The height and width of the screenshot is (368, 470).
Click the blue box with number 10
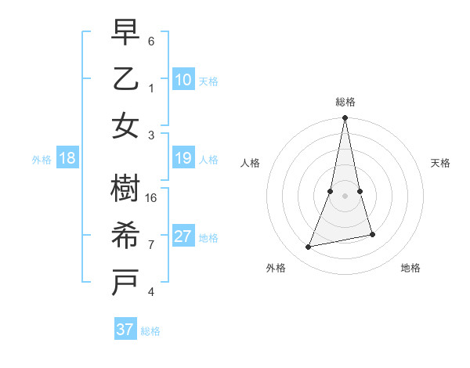[183, 80]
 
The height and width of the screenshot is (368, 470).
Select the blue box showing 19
[183, 159]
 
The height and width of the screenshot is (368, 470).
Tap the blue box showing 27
[183, 237]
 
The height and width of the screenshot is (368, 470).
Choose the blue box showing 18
[67, 159]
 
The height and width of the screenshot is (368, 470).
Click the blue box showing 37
[125, 330]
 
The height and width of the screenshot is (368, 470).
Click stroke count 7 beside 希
[151, 244]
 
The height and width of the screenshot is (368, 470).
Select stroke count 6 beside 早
[151, 41]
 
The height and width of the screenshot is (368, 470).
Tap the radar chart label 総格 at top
[345, 102]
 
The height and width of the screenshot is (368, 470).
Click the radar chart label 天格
[441, 163]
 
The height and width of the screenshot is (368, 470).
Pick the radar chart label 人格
[250, 163]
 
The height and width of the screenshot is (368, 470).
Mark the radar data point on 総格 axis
[345, 118]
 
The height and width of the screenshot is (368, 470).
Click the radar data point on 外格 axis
[309, 247]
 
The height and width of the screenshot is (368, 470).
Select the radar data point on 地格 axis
[372, 234]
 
